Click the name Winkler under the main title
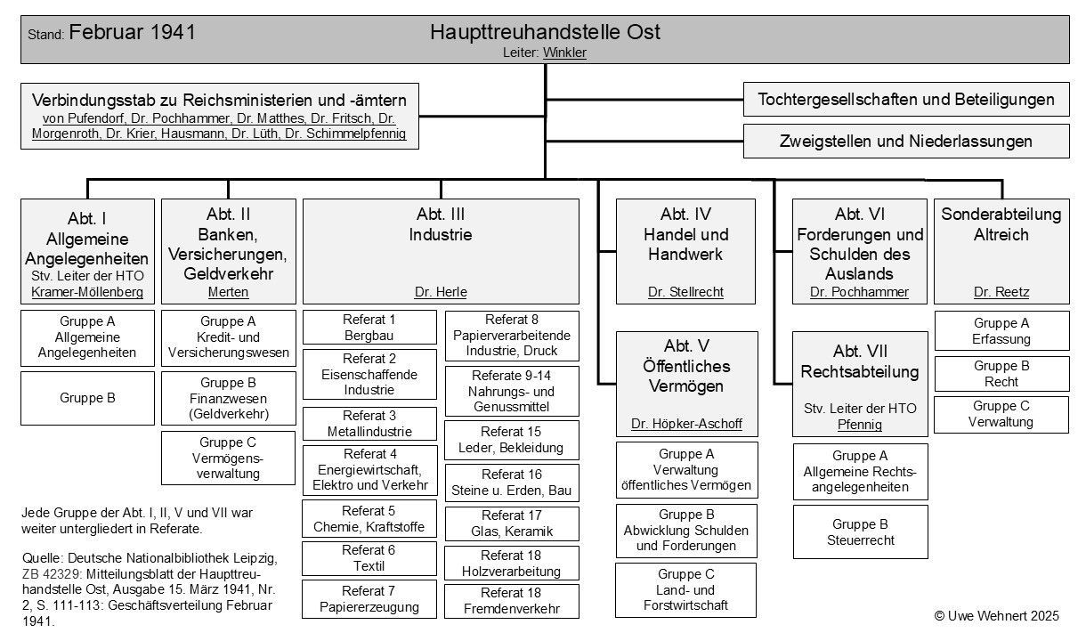pyautogui.click(x=564, y=53)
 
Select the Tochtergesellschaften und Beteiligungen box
pyautogui.click(x=906, y=100)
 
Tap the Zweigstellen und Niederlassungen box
pyautogui.click(x=906, y=141)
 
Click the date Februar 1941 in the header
pyautogui.click(x=132, y=33)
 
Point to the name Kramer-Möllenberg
pyautogui.click(x=87, y=292)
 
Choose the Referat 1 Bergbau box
pyautogui.click(x=369, y=327)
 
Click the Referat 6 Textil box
pyautogui.click(x=369, y=557)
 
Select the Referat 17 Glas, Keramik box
pyautogui.click(x=512, y=523)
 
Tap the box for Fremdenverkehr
pyautogui.click(x=512, y=601)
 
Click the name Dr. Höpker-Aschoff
pyautogui.click(x=686, y=424)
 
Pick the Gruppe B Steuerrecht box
pyautogui.click(x=860, y=531)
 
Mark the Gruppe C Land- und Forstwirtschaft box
pyautogui.click(x=685, y=589)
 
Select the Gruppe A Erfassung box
pyautogui.click(x=1001, y=330)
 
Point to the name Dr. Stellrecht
pyautogui.click(x=685, y=292)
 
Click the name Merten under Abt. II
pyautogui.click(x=228, y=292)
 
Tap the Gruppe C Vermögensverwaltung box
pyautogui.click(x=228, y=458)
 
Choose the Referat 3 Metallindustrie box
pyautogui.click(x=369, y=424)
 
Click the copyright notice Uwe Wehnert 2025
pyautogui.click(x=997, y=615)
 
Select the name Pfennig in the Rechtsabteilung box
pyautogui.click(x=860, y=425)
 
